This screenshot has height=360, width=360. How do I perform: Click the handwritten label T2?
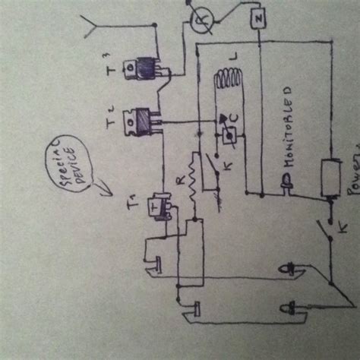[112, 120]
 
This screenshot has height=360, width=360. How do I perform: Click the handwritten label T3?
[111, 68]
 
